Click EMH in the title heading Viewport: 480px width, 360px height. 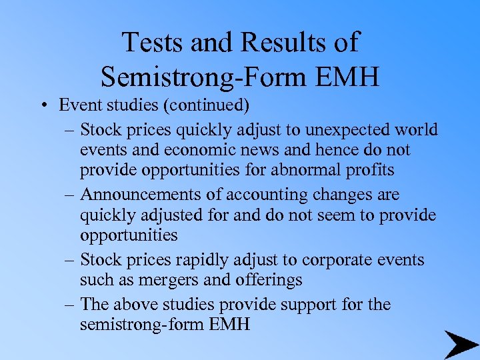click(351, 77)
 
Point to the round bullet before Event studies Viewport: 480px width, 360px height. click(41, 106)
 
